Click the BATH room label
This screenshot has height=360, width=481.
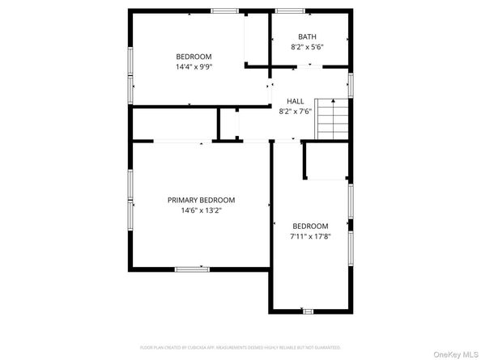(307, 36)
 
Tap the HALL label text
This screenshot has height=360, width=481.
(295, 101)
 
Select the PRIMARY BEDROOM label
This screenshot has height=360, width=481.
(201, 200)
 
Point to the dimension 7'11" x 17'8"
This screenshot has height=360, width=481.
(311, 236)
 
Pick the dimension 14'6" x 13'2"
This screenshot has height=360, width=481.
(201, 210)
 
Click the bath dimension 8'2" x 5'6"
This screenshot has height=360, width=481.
(307, 47)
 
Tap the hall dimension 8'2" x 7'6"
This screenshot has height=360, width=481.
(295, 112)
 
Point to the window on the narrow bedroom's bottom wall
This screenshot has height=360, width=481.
(305, 310)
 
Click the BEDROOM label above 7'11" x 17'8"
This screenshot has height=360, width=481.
(311, 226)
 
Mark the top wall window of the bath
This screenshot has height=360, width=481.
(289, 11)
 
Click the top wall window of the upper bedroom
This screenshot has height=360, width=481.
(226, 11)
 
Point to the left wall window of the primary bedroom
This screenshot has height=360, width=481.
(130, 198)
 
